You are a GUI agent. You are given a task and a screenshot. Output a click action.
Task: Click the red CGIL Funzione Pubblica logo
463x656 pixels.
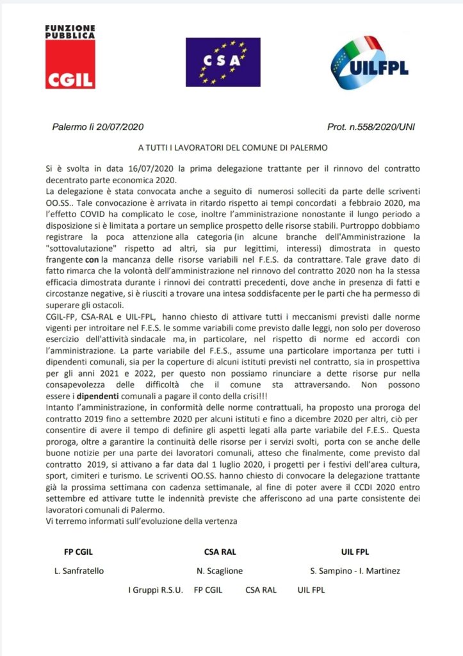70,57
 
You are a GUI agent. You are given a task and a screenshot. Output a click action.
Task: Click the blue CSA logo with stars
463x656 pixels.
223,62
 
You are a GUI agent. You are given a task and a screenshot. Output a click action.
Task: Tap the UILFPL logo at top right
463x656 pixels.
370,62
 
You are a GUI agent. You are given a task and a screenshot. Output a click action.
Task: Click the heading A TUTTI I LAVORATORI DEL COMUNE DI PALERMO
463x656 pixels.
232,148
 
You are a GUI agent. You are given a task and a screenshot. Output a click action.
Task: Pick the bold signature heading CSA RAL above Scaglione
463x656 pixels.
220,551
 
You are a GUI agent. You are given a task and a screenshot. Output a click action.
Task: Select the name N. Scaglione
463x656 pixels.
220,571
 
